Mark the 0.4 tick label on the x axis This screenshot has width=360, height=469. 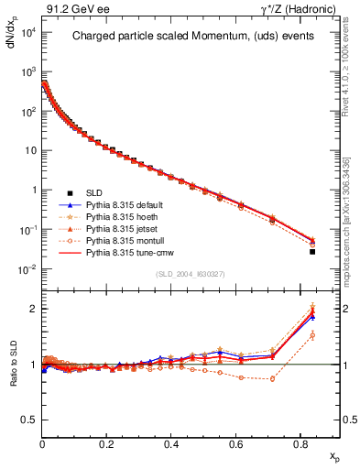(x=171, y=443)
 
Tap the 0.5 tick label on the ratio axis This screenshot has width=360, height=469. (x=27, y=420)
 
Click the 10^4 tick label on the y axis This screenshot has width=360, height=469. (x=27, y=33)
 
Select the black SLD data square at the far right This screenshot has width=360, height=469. (x=312, y=251)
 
